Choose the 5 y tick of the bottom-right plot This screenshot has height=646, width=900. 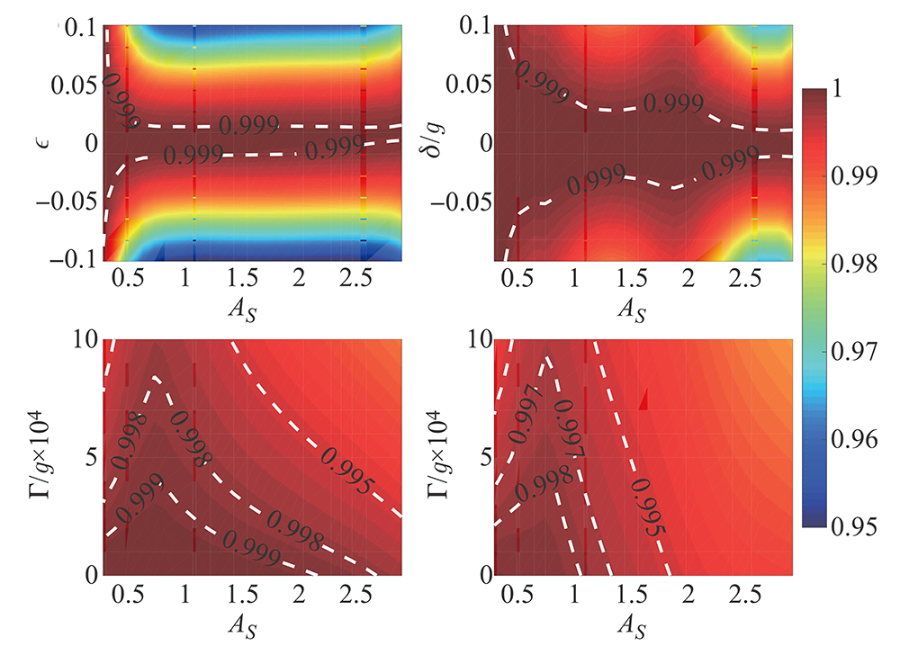(x=481, y=457)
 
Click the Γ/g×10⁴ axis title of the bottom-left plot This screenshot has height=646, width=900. (x=34, y=457)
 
